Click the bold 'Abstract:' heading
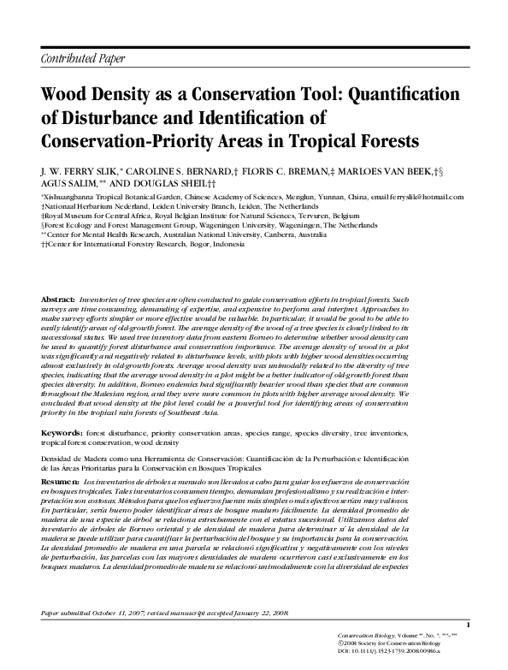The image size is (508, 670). click(x=57, y=298)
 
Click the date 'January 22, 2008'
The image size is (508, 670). click(x=261, y=614)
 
